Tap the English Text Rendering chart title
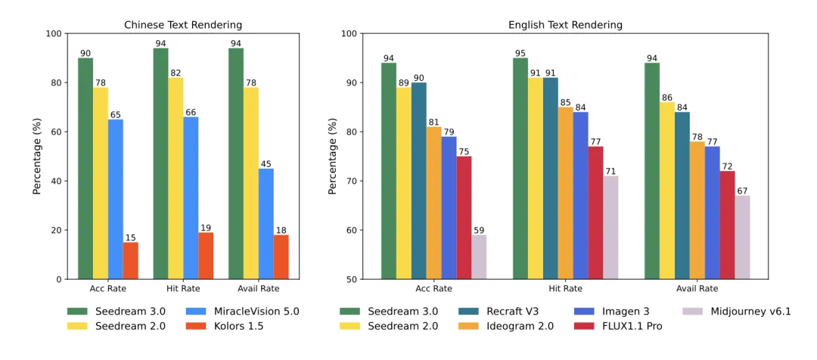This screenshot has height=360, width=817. (x=565, y=25)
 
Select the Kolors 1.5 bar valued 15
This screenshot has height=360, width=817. (x=131, y=260)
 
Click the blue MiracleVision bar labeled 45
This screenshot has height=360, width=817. (x=266, y=224)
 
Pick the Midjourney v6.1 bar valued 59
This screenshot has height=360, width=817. (x=479, y=257)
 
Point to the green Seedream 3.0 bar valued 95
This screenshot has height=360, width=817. (x=520, y=169)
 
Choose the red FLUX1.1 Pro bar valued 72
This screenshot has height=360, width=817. (x=727, y=225)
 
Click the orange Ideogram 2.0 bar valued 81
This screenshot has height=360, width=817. (x=433, y=203)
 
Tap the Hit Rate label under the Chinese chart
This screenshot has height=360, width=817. (x=183, y=288)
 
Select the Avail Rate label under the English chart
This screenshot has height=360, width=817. (x=697, y=288)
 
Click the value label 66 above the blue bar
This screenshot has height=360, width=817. (x=191, y=111)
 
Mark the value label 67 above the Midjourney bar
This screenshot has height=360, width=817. (x=742, y=191)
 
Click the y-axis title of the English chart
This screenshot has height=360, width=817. (x=332, y=157)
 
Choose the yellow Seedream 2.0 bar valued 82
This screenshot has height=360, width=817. (x=176, y=178)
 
